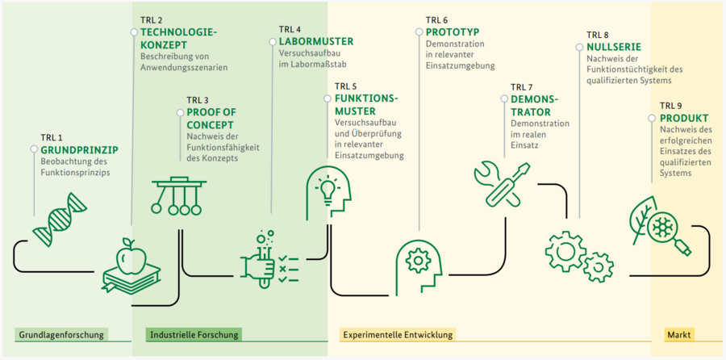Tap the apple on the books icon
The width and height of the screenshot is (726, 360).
(130, 266)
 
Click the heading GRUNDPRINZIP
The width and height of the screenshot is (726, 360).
(79, 149)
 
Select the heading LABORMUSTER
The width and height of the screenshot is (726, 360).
(315, 41)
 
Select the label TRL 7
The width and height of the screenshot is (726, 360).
(524, 86)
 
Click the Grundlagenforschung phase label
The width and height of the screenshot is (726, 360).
(62, 334)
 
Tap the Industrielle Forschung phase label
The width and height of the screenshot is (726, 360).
(195, 334)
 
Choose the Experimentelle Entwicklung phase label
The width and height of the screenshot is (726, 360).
(398, 334)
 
